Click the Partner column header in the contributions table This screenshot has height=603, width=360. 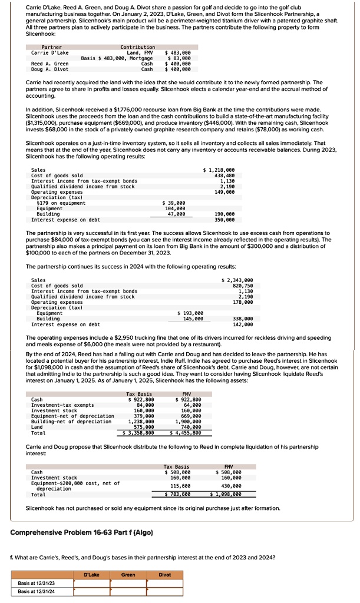pos(52,47)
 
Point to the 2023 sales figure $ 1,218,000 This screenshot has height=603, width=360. pos(219,170)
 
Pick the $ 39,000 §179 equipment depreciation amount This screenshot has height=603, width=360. pos(174,203)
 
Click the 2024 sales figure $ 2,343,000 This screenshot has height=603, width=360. pos(237,280)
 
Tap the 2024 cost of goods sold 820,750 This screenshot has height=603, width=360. pos(242,286)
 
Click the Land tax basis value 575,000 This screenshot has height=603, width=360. pos(142,427)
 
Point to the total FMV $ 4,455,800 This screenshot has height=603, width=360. pos(186,433)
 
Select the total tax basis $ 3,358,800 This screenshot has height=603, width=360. pos(139,433)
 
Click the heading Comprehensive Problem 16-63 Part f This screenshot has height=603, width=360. pos(82,532)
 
